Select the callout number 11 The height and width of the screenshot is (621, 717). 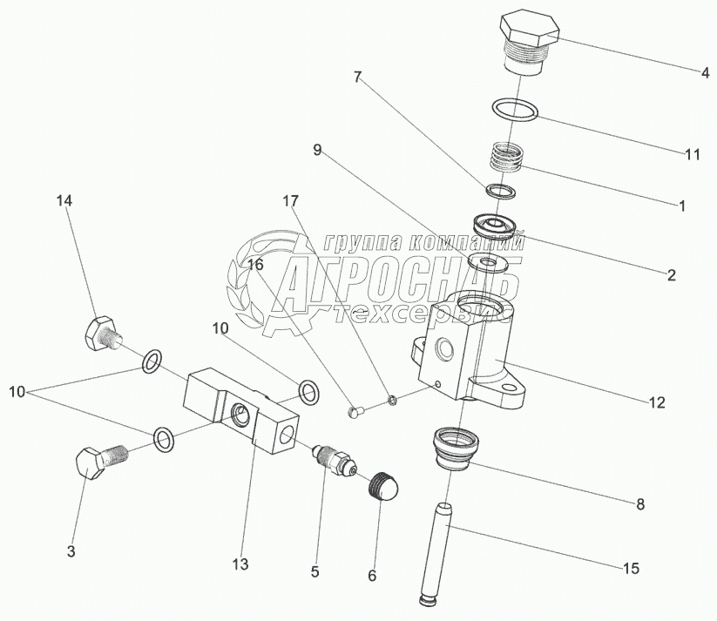click(x=693, y=155)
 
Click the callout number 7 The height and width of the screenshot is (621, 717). click(x=357, y=78)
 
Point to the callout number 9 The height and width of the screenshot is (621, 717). click(x=318, y=151)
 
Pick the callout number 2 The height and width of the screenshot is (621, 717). click(x=671, y=275)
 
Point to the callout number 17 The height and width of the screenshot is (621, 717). click(x=289, y=200)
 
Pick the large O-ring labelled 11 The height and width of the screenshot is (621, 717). click(x=517, y=109)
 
